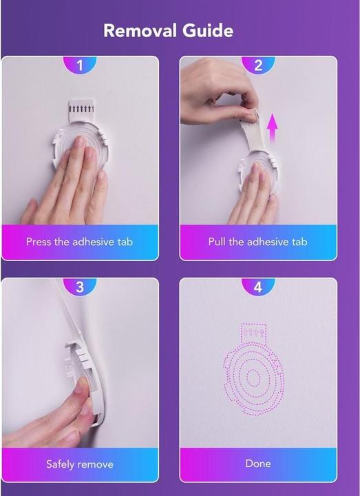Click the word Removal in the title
pos(140,31)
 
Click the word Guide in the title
pos(208,31)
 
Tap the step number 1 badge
pos(80,65)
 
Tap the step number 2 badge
pos(258,65)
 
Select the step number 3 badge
pos(80,287)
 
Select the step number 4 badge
pos(258,287)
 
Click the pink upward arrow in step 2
pos(272,130)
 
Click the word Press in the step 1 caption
pos(39,242)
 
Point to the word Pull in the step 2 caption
pos(217,242)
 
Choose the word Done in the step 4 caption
pos(258,464)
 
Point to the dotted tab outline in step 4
pos(253,333)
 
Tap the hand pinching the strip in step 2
pos(218,92)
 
